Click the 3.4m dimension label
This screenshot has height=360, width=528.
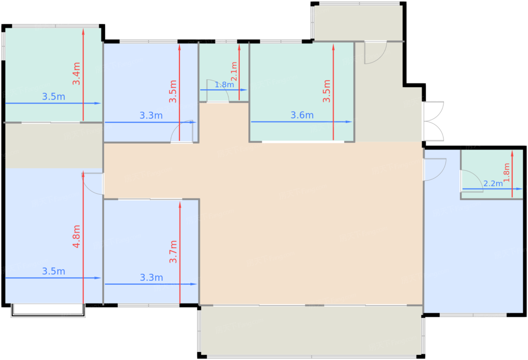tap(76, 74)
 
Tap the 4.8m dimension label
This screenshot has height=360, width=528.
tap(76, 237)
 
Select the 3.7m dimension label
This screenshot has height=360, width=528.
tap(173, 252)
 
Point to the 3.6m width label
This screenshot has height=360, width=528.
tap(302, 115)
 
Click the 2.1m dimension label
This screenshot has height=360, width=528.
tap(234, 71)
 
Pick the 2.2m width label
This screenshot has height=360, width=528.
tap(493, 184)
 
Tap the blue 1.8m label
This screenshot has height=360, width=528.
tap(224, 84)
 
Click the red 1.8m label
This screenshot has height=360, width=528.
tap(506, 173)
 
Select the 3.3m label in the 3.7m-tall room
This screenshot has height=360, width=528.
tap(151, 277)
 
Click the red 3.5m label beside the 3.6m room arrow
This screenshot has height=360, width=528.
tap(327, 91)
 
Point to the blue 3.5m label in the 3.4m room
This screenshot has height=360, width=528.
tap(54, 97)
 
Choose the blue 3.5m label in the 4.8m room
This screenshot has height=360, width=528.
tap(54, 271)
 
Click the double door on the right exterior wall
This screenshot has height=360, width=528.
tap(434, 121)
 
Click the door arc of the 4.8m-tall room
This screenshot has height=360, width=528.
tap(88, 188)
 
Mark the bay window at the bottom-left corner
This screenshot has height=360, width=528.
tap(48, 311)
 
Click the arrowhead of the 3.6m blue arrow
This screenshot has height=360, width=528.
tap(349, 122)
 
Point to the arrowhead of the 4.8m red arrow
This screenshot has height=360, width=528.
tap(83, 174)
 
